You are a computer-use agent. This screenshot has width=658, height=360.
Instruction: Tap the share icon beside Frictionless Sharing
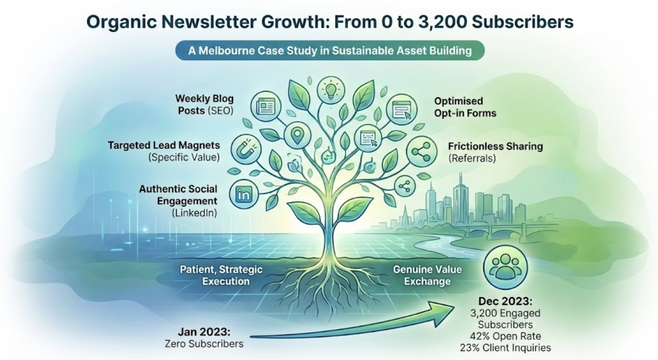(x=421, y=152)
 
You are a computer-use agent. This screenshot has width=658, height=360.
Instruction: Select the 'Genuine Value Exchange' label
(x=428, y=276)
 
